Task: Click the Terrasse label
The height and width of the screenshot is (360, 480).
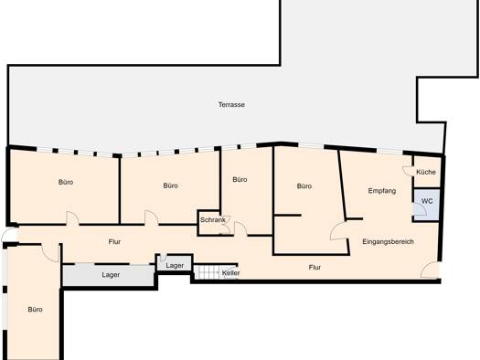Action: [x=231, y=104]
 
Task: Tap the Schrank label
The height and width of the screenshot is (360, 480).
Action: [x=213, y=219]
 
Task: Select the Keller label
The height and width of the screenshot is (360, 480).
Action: [x=230, y=273]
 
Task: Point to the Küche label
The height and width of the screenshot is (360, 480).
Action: [x=426, y=172]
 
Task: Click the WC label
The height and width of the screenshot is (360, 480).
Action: [x=427, y=201]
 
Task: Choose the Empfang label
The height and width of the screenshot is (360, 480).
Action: [x=382, y=191]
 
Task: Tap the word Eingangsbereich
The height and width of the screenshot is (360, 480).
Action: [x=388, y=241]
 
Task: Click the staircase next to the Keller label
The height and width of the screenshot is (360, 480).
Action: [x=208, y=272]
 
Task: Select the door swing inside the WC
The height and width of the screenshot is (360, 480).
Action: [x=419, y=209]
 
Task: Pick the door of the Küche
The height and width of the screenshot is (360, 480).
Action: [x=408, y=171]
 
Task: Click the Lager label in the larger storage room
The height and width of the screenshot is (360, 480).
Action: [x=111, y=275]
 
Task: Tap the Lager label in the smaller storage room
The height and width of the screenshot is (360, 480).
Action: [x=175, y=266]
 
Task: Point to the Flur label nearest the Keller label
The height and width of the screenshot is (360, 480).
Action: [x=315, y=268]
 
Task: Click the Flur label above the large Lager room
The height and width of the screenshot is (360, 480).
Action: [x=114, y=241]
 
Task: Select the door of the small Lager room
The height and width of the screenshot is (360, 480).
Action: [x=163, y=258]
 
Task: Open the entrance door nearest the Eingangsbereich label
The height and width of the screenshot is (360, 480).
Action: [x=429, y=270]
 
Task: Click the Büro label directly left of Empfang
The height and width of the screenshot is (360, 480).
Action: [x=304, y=186]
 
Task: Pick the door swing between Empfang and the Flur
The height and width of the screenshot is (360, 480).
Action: [x=338, y=231]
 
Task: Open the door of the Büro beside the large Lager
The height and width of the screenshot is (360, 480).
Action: [x=50, y=253]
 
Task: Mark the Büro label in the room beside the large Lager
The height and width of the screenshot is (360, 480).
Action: [x=36, y=310]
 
